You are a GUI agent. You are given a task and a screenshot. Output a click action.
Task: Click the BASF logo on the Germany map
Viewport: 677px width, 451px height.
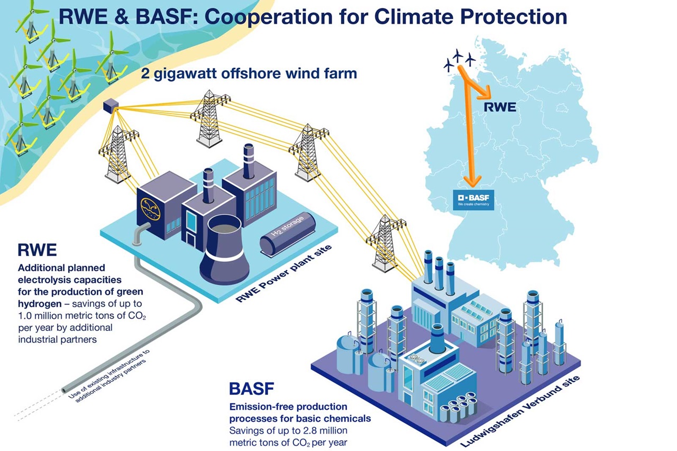(x=472, y=200)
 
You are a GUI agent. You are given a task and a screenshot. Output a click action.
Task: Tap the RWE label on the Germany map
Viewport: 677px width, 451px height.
(x=500, y=108)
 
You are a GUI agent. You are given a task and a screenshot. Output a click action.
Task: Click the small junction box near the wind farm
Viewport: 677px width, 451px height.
(x=111, y=106)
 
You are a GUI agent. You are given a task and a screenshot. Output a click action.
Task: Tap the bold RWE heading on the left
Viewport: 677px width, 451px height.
(x=37, y=250)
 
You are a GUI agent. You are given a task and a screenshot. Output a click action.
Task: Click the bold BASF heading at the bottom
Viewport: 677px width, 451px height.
(x=252, y=390)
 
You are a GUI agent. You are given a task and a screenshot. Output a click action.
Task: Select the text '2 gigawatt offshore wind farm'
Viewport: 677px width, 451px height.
(x=249, y=73)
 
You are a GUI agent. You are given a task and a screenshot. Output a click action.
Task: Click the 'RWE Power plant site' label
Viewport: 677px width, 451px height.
(x=283, y=274)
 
